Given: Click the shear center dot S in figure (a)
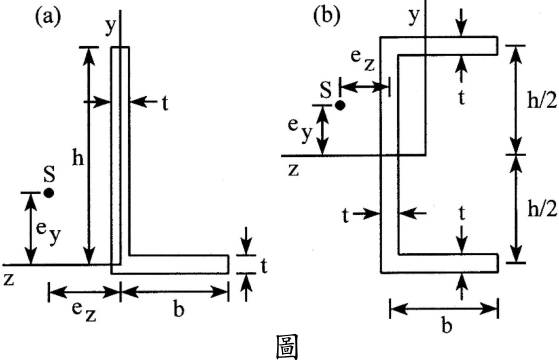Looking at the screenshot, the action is [49, 193].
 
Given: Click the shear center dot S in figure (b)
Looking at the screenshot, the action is [340, 106].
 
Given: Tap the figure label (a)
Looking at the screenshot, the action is [48, 17].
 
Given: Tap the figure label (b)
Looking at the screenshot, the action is [327, 16].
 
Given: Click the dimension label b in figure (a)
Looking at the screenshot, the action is [179, 309].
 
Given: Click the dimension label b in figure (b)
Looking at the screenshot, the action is [446, 325].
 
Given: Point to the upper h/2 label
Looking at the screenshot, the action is [542, 101].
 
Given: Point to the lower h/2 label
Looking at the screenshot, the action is [542, 209].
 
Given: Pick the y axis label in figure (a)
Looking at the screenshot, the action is [111, 27].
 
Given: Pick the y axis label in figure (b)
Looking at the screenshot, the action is [414, 16].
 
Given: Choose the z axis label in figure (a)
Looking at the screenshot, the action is [9, 279].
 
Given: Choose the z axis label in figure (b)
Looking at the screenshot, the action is [293, 170].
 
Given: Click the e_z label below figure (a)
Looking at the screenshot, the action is [84, 311].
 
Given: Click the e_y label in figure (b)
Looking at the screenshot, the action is [301, 130].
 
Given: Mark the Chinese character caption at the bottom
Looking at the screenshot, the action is [287, 346].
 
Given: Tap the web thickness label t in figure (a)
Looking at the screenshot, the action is [165, 103].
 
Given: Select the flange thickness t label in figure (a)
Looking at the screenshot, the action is [264, 266].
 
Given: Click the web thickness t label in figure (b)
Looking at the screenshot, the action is [345, 216].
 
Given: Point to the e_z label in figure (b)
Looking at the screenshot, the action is [363, 60].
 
